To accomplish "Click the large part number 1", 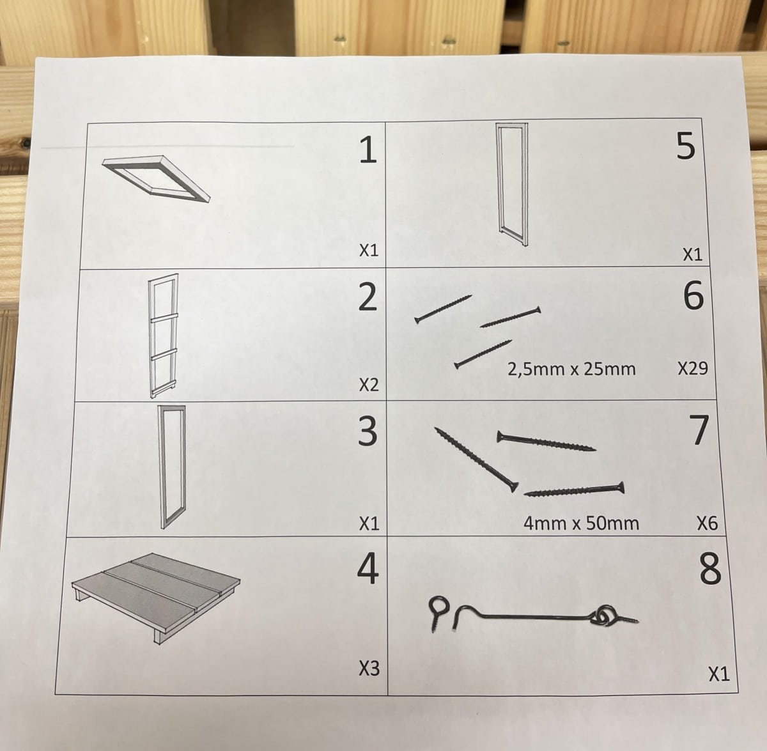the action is [368, 150].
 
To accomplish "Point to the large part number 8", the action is [710, 569].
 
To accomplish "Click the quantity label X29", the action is [693, 368].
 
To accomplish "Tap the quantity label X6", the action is [708, 523].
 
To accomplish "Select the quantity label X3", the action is [369, 668].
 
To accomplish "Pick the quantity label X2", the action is [369, 385].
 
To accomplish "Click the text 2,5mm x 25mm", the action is [571, 369].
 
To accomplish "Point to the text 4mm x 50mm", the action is [581, 523].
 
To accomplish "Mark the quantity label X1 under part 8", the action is [719, 674].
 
